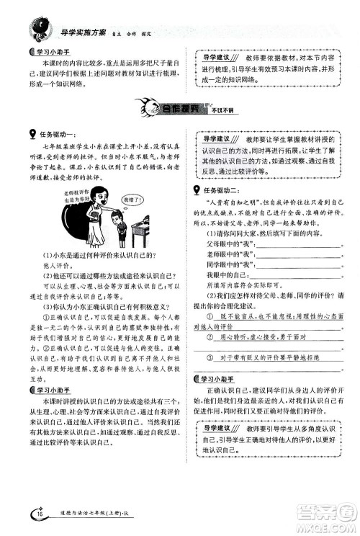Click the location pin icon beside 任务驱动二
click(198, 189)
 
